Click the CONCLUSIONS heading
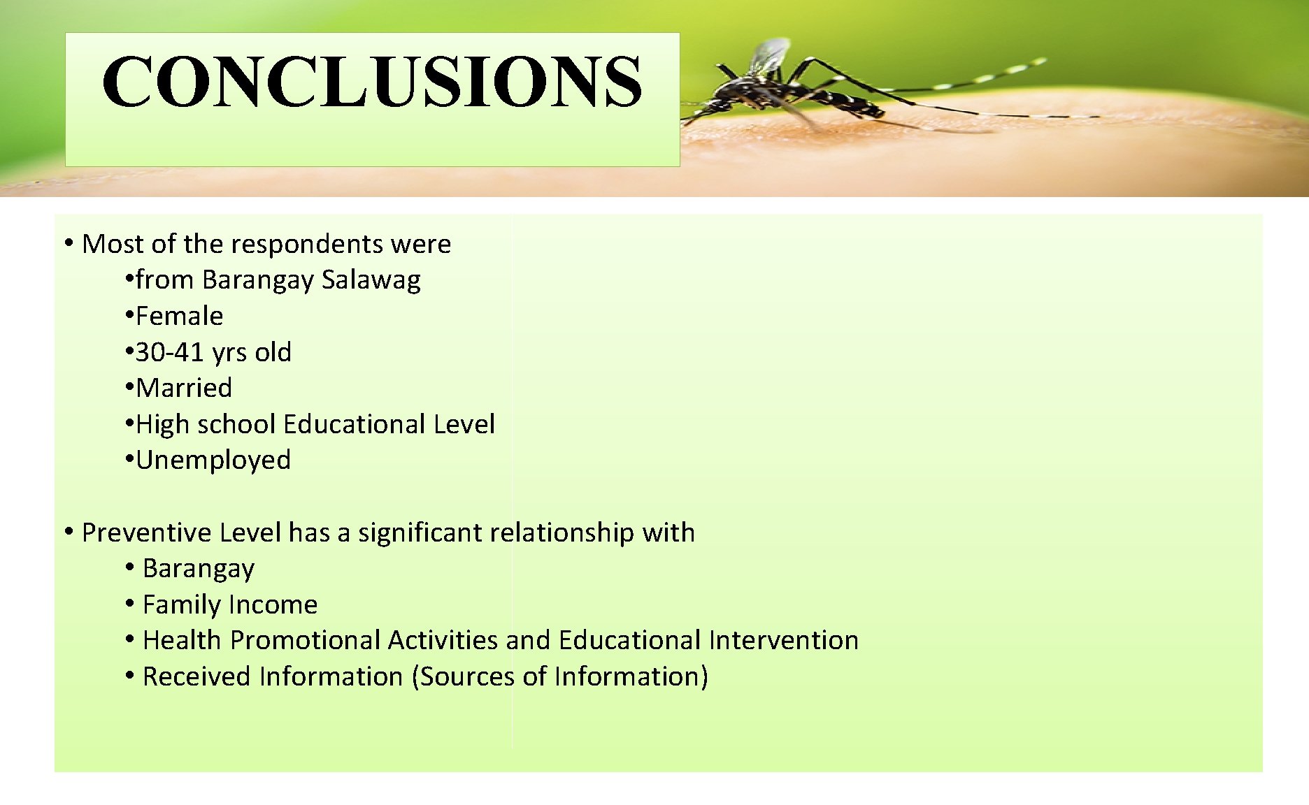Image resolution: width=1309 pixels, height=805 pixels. (x=372, y=82)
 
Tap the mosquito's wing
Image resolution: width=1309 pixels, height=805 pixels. (x=769, y=56)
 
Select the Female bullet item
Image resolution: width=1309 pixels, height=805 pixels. (x=179, y=317)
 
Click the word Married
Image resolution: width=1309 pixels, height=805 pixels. (x=184, y=389)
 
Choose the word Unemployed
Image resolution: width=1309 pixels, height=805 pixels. (x=213, y=460)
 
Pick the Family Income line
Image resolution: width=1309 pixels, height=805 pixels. (x=229, y=604)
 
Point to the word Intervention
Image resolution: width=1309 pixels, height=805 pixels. (x=783, y=640)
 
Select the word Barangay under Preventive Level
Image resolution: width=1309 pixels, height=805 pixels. (x=199, y=569)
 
